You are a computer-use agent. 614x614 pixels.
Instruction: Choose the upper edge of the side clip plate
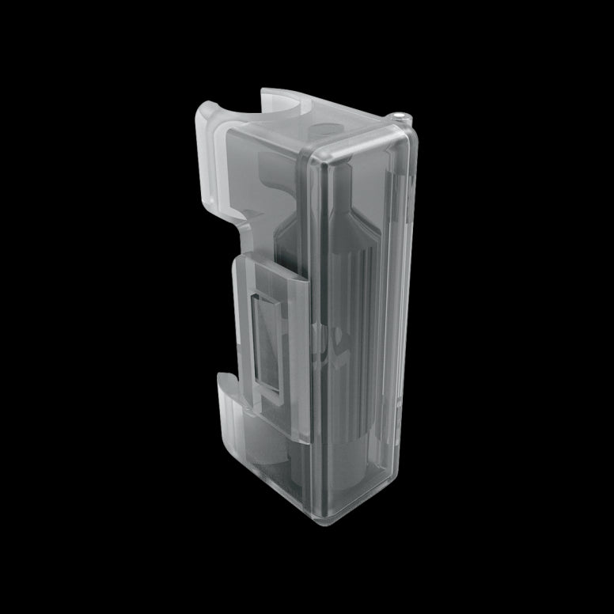pos(269,265)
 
